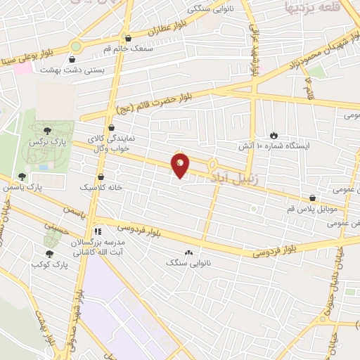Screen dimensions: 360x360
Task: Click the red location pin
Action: click(x=181, y=166)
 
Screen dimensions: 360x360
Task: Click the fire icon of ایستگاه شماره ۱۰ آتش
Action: click(x=274, y=135)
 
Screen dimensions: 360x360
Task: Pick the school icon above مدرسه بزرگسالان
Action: click(x=98, y=230)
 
